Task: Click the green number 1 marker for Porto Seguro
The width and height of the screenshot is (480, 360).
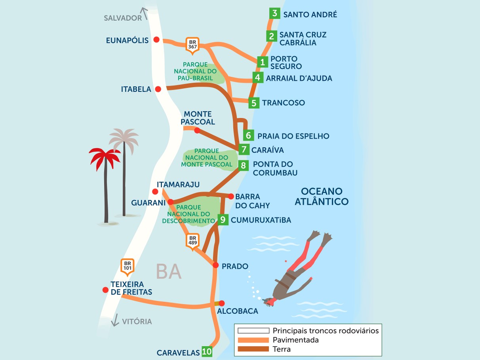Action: pos(262,62)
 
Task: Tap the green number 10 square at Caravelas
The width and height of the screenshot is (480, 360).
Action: pos(207,351)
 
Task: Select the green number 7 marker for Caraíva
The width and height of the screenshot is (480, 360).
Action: pos(244,150)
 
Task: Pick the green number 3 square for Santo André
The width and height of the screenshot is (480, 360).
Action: pos(274,13)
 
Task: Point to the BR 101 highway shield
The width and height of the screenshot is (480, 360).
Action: pos(128,266)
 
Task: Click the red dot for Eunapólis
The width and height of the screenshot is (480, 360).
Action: pos(156,40)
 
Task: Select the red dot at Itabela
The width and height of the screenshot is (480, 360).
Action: pos(158,89)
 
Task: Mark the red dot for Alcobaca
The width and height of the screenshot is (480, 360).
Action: pos(221,303)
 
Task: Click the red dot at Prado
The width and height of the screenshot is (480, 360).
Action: pos(215,265)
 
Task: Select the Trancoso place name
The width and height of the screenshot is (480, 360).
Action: pos(283,103)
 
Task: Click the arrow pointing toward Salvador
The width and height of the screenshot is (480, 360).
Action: pos(145,13)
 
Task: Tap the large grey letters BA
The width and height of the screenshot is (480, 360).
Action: pos(169,271)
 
